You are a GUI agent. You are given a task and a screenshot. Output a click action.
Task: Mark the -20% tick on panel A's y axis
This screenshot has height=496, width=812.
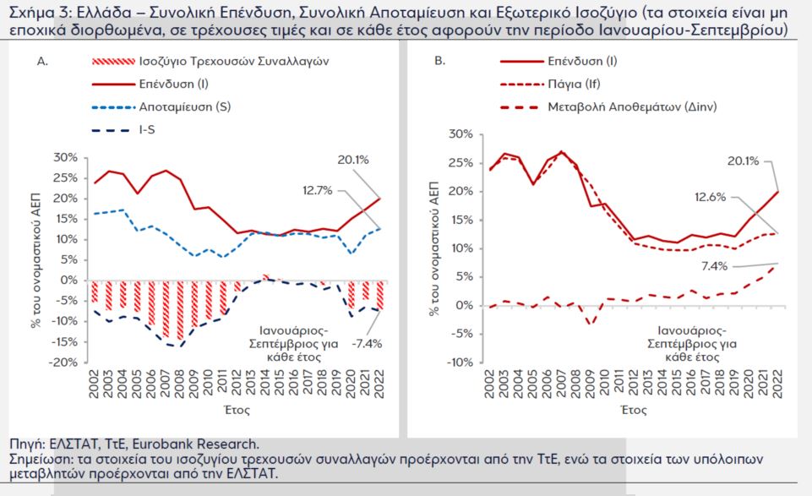65,362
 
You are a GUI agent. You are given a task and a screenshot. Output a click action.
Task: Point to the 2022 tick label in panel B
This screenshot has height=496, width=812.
777,385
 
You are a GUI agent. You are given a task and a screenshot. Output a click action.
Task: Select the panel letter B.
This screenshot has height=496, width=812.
439,63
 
